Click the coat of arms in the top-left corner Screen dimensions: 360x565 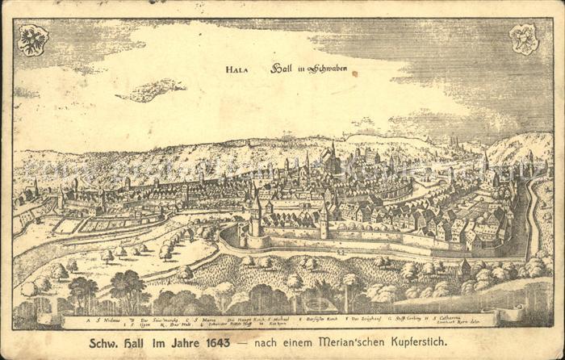[33, 40]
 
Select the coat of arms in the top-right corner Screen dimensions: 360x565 [524, 39]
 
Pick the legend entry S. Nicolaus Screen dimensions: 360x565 [107, 319]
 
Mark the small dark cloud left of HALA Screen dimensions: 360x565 [150, 90]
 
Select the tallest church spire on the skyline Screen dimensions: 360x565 [333, 153]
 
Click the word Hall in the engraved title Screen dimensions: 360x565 [281, 69]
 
